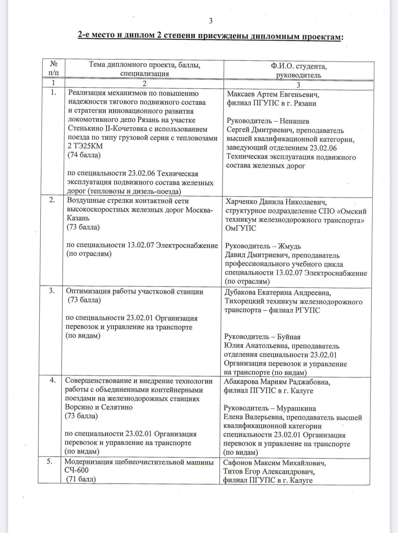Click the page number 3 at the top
click(211, 21)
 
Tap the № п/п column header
click(53, 69)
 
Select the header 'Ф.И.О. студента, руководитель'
click(298, 71)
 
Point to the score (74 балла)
click(84, 155)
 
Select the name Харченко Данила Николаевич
click(276, 202)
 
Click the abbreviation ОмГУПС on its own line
click(241, 229)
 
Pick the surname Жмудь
click(289, 246)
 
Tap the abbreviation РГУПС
click(307, 310)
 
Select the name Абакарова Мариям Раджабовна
click(277, 382)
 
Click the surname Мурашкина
click(296, 409)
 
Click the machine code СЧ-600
click(77, 470)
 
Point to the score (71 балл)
click(82, 479)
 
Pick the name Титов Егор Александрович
click(269, 472)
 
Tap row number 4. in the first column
click(53, 380)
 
